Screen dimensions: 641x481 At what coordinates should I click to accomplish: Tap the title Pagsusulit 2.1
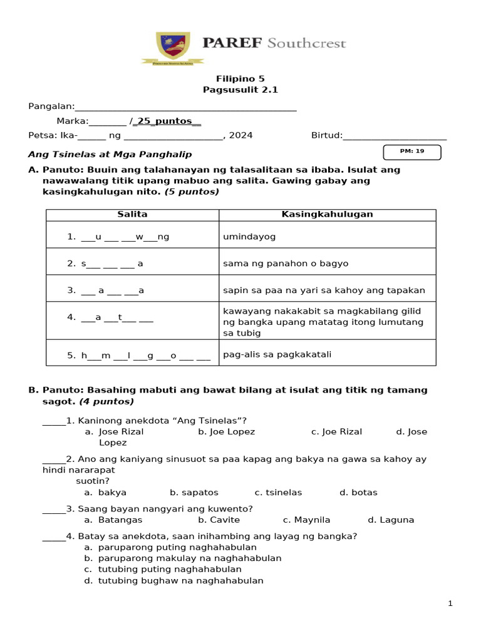coord(240,90)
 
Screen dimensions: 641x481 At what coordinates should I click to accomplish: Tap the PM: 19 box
coord(411,151)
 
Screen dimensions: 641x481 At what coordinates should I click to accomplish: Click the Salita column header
coord(132,214)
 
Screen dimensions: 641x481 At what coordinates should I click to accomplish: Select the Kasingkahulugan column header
coord(327,214)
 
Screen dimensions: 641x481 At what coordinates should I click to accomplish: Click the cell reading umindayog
coord(249,237)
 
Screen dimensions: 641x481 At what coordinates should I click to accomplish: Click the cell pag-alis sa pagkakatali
coord(277,354)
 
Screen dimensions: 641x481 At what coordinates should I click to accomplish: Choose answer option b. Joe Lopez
coord(226,431)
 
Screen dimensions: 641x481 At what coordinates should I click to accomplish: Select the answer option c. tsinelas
coord(278,492)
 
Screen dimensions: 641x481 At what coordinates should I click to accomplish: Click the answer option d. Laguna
coord(391,520)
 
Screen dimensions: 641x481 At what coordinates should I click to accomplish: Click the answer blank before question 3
coord(53,508)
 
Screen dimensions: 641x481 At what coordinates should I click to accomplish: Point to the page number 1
coord(450,603)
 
